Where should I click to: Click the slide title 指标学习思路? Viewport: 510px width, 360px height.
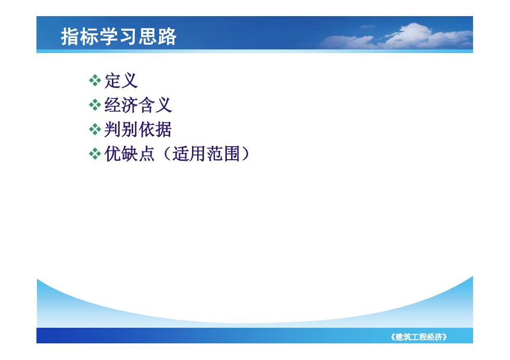click(119, 36)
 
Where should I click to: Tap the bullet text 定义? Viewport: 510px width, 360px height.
click(121, 81)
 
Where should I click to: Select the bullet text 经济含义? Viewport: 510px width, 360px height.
click(138, 105)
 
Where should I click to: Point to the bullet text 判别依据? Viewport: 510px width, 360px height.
click(138, 130)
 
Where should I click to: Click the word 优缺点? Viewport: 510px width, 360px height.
click(130, 153)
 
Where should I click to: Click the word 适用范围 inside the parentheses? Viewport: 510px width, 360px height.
click(206, 153)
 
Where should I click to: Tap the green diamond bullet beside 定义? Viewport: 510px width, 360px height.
click(95, 81)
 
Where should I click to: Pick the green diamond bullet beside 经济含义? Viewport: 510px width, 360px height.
click(95, 105)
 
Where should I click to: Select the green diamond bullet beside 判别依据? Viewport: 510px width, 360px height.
click(95, 130)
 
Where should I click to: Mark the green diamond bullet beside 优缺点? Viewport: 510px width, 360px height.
click(95, 153)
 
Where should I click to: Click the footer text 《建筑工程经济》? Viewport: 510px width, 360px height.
click(418, 337)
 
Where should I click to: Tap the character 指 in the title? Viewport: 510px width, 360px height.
click(70, 36)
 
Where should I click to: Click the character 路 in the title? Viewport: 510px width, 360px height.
click(168, 36)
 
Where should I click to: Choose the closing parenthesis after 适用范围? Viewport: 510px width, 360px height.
click(246, 153)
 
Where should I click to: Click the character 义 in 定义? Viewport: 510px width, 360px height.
click(130, 81)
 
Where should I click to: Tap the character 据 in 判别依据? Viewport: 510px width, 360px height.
click(163, 130)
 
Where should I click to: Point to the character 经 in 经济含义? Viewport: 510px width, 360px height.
click(112, 105)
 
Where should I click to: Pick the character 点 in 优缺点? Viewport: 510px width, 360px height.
click(146, 153)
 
